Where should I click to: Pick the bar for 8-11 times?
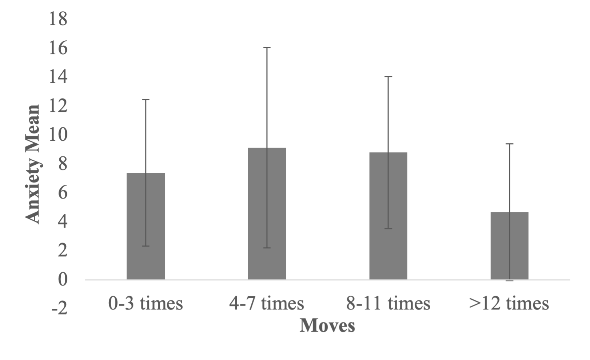tap(388, 216)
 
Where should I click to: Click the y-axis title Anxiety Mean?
tap(33, 164)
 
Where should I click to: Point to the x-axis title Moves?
tap(327, 325)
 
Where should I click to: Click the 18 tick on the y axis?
tap(58, 19)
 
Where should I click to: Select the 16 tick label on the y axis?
tap(58, 48)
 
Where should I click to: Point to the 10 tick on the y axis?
tap(58, 135)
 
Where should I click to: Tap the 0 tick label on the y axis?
tap(63, 280)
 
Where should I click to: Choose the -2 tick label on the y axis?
tap(59, 309)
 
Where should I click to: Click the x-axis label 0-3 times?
tap(145, 303)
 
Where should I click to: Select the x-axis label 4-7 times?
tap(267, 303)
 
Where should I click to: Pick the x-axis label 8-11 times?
tap(388, 303)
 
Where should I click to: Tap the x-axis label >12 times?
tap(509, 303)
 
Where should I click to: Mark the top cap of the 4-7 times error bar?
tap(267, 48)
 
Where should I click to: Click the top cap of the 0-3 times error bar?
tap(145, 99)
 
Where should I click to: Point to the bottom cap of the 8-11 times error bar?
tap(388, 228)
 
